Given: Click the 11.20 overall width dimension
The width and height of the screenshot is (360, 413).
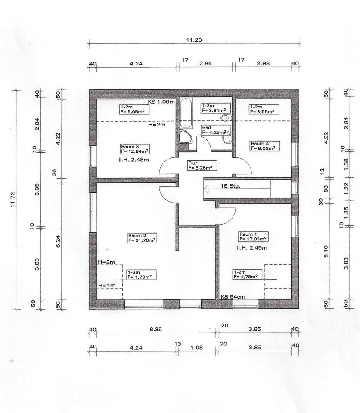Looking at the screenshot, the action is tap(194, 40).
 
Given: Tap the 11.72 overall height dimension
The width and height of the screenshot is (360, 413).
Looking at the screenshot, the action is tap(12, 200).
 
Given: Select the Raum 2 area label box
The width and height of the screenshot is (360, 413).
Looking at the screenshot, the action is tap(142, 238).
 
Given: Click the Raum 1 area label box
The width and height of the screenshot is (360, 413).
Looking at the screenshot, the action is tap(254, 237).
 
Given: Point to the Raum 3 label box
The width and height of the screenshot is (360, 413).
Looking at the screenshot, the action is tap(135, 149).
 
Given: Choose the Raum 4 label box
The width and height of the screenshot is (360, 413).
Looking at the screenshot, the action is tap(264, 146).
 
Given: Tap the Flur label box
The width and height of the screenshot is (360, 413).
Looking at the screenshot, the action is tap(202, 165).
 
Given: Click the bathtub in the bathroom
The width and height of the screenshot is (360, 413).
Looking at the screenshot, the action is tap(186, 113).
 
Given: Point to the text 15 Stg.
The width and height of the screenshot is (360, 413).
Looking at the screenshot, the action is tap(230, 186).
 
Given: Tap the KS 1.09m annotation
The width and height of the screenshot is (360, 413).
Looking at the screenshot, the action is tap(161, 102).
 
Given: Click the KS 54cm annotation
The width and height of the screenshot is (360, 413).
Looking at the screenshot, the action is tap(233, 296).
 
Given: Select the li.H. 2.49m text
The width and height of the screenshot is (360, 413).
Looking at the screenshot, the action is tap(252, 248).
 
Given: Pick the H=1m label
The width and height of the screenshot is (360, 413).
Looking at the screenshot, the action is tap(107, 285).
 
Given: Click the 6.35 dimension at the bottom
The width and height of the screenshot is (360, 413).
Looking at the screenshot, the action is tap(155, 329).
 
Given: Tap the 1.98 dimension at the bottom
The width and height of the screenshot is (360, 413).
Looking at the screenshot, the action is tap(196, 348).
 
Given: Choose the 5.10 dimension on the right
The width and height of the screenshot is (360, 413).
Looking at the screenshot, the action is tap(326, 251).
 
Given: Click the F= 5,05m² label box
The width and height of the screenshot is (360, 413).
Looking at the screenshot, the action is tap(134, 109).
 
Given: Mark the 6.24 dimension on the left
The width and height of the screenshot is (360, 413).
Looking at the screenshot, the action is tap(58, 241).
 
